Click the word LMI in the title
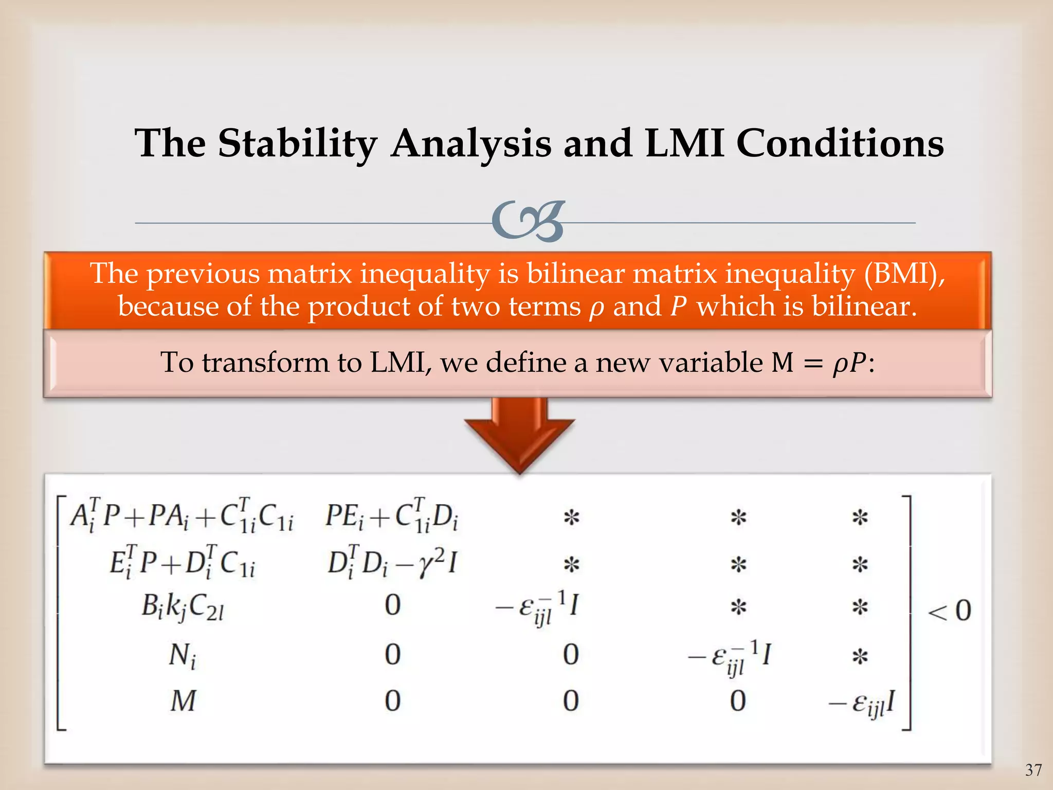click(684, 143)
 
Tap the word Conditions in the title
click(840, 143)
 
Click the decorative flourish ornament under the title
click(528, 222)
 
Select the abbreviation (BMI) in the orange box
click(904, 273)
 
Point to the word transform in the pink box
click(265, 363)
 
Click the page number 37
click(1033, 770)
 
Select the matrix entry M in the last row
click(183, 701)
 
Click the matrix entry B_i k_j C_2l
click(183, 607)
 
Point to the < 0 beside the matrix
click(949, 611)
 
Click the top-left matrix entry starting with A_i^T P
click(181, 515)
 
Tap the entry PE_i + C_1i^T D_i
click(392, 515)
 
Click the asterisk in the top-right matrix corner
click(860, 517)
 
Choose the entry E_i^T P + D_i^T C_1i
click(183, 563)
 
